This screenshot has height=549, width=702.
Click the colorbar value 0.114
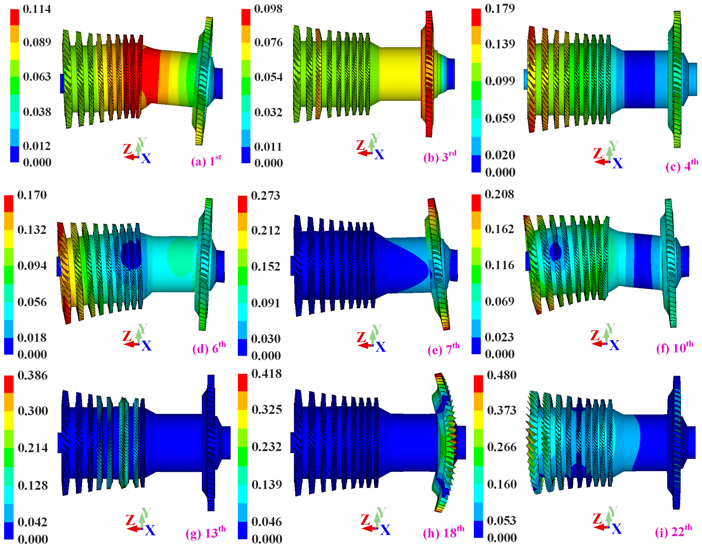click(37, 9)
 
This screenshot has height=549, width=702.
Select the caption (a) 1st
click(206, 160)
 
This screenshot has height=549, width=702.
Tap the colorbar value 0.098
click(268, 9)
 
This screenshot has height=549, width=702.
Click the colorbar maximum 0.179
click(500, 8)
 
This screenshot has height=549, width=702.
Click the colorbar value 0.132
click(32, 230)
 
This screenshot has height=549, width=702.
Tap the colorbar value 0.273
click(266, 195)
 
